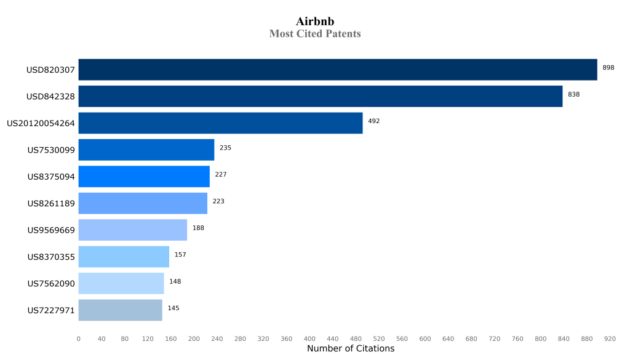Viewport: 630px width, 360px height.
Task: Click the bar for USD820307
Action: click(338, 70)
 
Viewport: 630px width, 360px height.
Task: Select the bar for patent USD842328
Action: click(321, 97)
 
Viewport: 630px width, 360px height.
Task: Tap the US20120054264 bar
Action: click(220, 123)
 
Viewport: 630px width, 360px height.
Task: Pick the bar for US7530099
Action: click(146, 150)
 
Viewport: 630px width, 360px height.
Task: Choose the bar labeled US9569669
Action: click(133, 230)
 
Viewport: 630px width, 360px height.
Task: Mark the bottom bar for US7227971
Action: click(121, 310)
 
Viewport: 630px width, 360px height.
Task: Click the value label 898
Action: click(608, 68)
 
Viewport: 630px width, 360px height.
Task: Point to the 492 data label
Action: click(374, 121)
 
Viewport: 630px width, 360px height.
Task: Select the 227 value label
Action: click(221, 175)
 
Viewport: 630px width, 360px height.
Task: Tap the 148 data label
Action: click(175, 282)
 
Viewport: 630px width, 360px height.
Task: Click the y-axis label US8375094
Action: click(51, 177)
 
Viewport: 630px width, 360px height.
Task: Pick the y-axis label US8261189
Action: click(51, 203)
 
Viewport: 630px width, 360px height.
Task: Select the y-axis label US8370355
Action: click(51, 257)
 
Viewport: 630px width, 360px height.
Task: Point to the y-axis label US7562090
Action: click(51, 284)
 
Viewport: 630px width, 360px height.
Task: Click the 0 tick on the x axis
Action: click(78, 338)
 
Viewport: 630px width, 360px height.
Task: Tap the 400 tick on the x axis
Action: click(309, 338)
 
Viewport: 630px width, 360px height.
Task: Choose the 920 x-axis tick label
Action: click(610, 338)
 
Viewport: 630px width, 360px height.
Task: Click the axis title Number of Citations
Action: click(351, 349)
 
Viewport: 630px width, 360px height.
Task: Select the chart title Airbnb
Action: click(315, 22)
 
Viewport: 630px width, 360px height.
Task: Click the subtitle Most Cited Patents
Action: click(315, 34)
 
